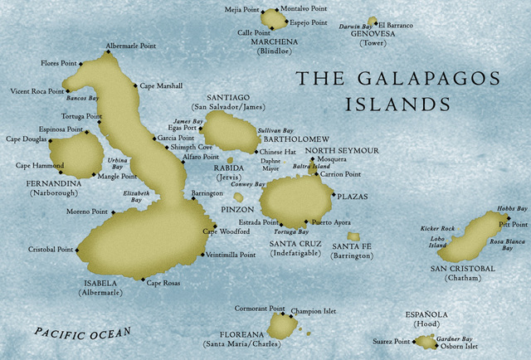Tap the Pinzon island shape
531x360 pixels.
pos(239,197)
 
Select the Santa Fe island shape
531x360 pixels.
pos(353,236)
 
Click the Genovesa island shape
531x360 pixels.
pos(372,22)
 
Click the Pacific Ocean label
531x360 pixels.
pos(82,333)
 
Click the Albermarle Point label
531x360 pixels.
pos(131,46)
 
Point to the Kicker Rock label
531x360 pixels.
pos(436,227)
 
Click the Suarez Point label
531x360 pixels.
pos(391,341)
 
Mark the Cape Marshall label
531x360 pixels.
pos(161,85)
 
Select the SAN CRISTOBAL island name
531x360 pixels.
pos(462,269)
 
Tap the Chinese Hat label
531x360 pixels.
pos(277,153)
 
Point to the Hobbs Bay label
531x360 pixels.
pos(512,209)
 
